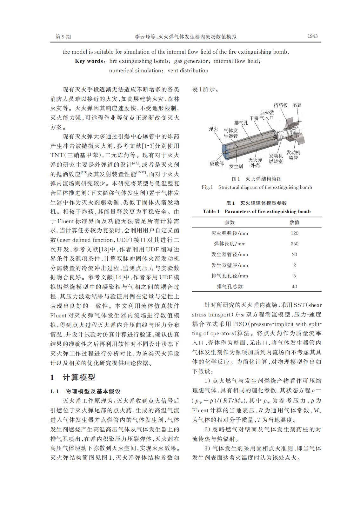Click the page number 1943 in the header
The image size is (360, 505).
point(312,36)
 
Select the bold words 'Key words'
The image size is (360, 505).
point(89,61)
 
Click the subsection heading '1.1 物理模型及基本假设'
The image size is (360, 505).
point(85,391)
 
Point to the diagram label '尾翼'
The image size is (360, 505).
point(297,105)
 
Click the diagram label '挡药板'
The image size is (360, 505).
point(281,105)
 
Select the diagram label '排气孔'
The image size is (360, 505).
point(241,123)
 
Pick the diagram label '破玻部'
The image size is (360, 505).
point(217,163)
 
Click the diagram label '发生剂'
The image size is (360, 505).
point(236,166)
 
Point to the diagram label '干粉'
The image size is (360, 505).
point(254,118)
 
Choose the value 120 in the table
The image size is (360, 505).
point(294,233)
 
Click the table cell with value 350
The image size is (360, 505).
point(294,244)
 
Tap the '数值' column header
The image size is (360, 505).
point(294,222)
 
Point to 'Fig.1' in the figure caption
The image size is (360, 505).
point(207,187)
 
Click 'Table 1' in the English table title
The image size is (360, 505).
point(211,211)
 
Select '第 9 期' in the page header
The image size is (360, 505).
point(63,37)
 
